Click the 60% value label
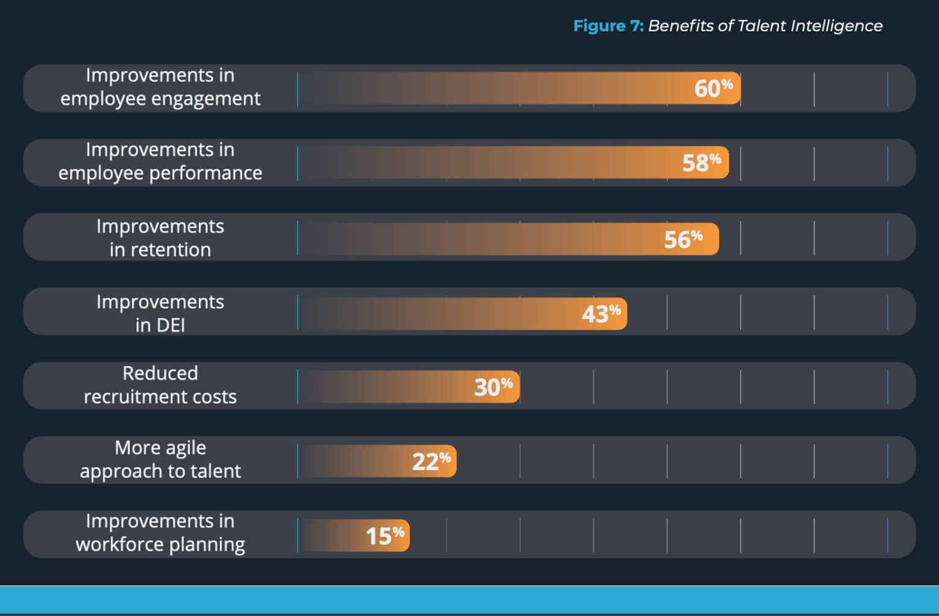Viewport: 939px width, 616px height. [713, 89]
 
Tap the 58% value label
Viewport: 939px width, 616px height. [701, 163]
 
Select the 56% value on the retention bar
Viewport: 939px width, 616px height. [683, 240]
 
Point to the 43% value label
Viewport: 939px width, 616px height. [600, 313]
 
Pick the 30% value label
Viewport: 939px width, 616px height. [493, 387]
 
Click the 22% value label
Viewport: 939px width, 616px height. [431, 461]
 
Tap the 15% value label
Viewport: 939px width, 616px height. [385, 536]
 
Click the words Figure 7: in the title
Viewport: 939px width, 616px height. [608, 26]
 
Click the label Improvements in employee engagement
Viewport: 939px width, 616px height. [160, 87]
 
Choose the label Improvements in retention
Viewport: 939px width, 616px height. [160, 238]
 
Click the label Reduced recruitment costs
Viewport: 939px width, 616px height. [160, 385]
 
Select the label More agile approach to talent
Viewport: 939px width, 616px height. [160, 460]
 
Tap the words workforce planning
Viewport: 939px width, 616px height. [160, 544]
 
